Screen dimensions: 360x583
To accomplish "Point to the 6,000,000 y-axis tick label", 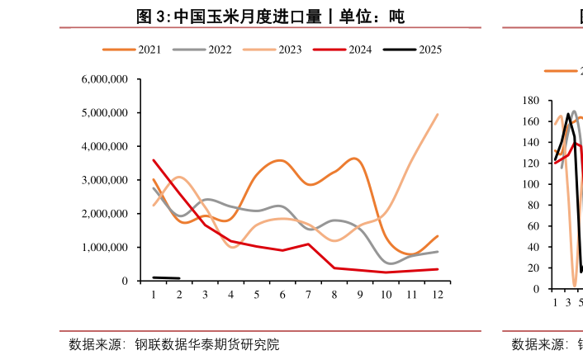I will click(105, 79).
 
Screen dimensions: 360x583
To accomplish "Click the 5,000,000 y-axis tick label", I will click(105, 113).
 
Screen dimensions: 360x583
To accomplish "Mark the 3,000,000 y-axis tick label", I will click(105, 180).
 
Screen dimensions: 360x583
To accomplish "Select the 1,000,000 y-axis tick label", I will click(105, 248).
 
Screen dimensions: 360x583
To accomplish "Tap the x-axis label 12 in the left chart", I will click(437, 295).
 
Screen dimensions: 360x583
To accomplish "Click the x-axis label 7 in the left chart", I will click(308, 295).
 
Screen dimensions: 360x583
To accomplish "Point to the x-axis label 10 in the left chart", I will click(385, 295).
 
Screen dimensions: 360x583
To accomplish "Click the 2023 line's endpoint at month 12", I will click(437, 115).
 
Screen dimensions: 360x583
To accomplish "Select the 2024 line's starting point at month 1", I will click(154, 160).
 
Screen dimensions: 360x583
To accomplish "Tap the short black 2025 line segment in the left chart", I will click(166, 278).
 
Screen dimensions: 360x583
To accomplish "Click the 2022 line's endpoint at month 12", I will click(437, 252).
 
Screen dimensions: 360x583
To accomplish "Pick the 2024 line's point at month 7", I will click(308, 244).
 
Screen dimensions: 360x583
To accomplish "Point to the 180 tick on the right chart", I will click(532, 101).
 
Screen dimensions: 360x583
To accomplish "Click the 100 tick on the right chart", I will click(532, 184).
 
